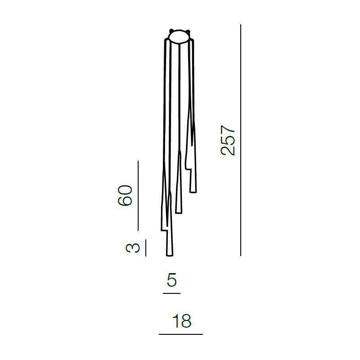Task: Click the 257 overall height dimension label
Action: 228,140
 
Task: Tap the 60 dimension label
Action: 125,195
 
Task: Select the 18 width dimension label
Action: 182,321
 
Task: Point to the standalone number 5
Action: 171,281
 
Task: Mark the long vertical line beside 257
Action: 241,140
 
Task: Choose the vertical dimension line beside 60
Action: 138,195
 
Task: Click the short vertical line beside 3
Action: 146,248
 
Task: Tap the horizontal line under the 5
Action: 171,293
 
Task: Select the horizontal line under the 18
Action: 181,334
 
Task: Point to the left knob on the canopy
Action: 171,31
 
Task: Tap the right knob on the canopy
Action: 189,31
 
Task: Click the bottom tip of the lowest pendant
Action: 170,255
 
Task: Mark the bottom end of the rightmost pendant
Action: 193,191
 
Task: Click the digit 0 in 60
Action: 125,189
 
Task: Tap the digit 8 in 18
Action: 186,321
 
